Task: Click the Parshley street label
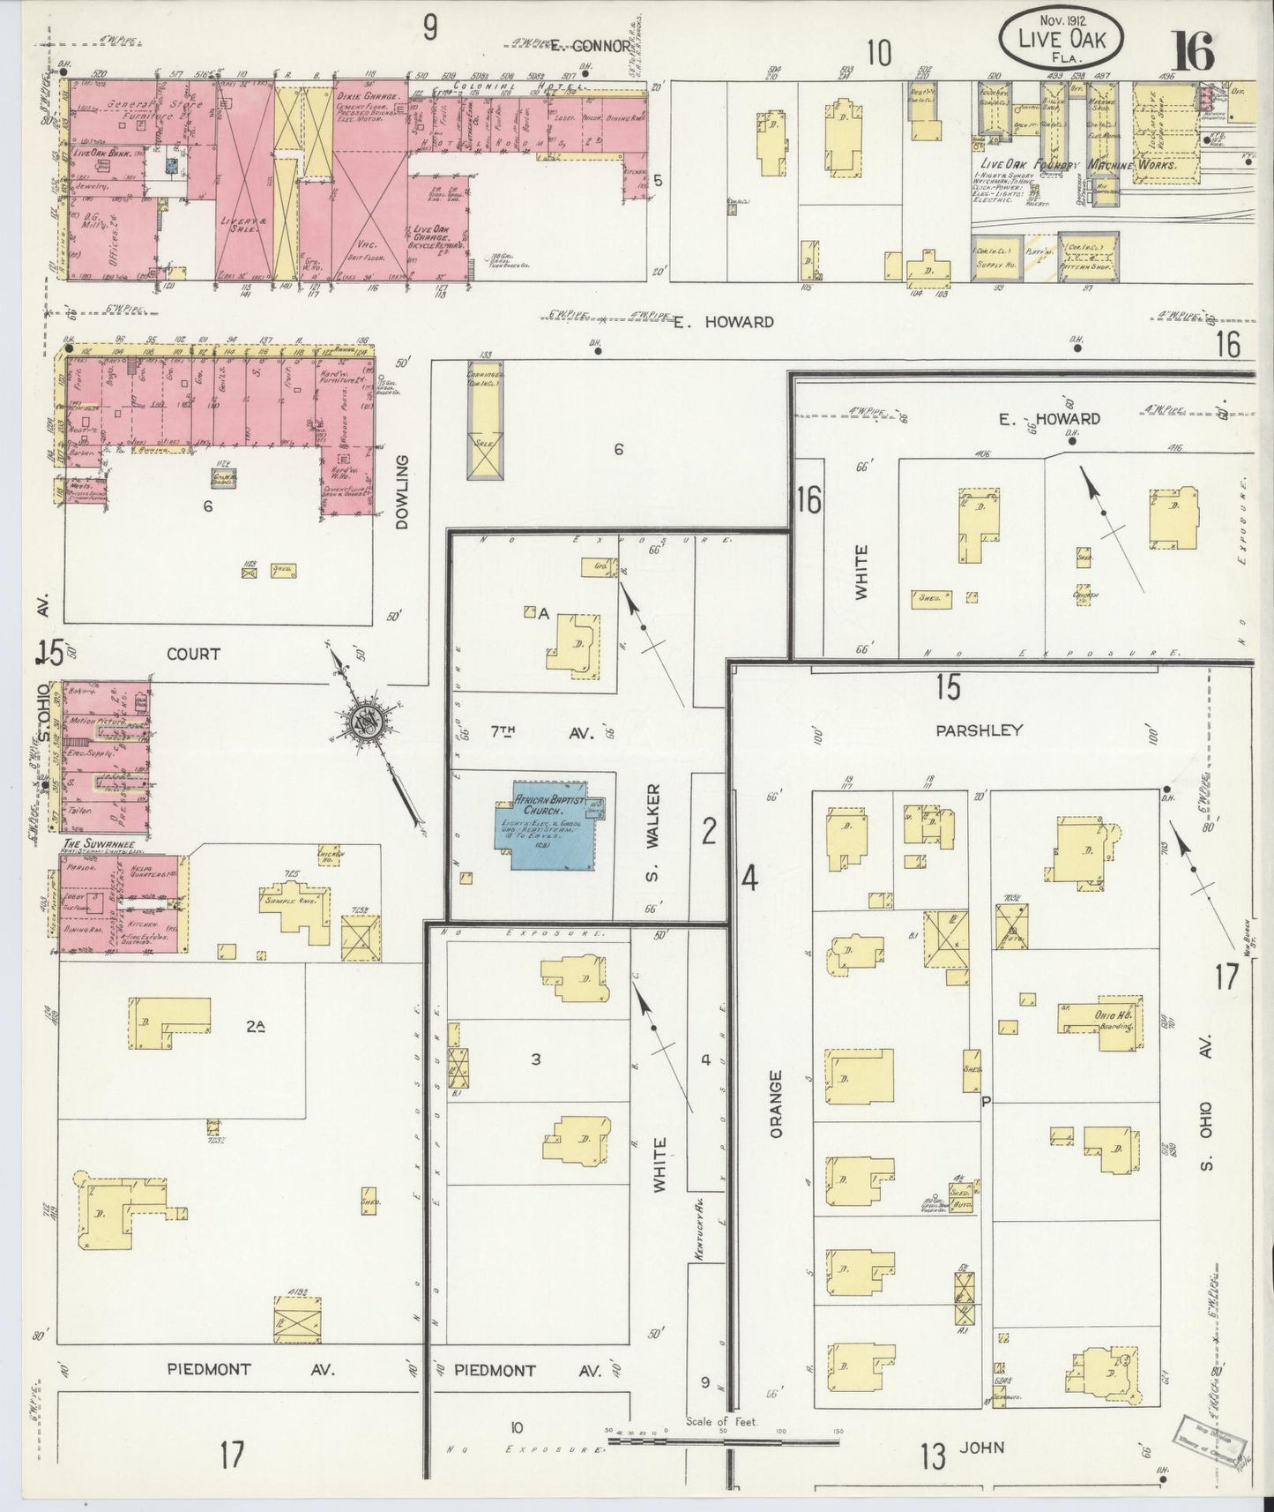point(992,730)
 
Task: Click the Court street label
point(192,655)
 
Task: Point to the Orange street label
point(776,1104)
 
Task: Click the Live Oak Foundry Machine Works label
point(1076,164)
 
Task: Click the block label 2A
point(256,1025)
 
